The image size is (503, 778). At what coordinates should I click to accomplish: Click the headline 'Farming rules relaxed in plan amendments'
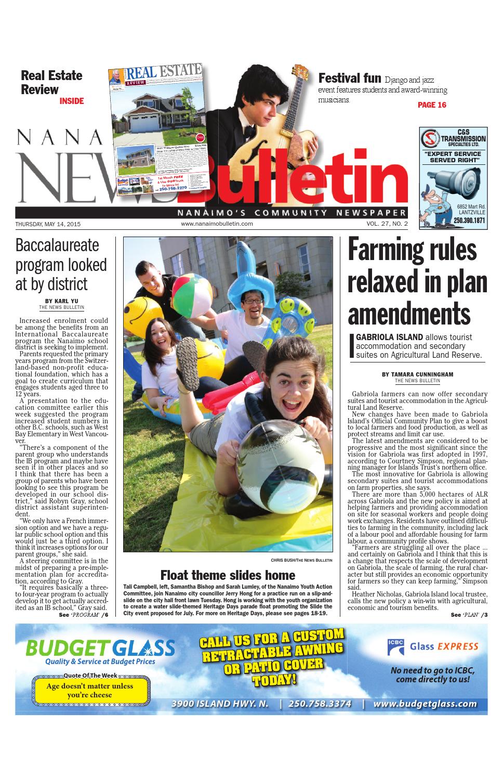pyautogui.click(x=417, y=281)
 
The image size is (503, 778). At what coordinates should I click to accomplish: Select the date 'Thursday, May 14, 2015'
pyautogui.click(x=48, y=224)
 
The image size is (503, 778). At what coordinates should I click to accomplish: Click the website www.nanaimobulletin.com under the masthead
pyautogui.click(x=217, y=224)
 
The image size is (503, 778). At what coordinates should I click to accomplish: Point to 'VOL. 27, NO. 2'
pyautogui.click(x=387, y=224)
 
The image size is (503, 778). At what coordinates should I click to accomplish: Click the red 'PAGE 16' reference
pyautogui.click(x=432, y=105)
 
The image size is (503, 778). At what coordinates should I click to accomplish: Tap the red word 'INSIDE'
pyautogui.click(x=71, y=101)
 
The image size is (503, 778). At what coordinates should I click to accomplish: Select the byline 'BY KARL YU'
pyautogui.click(x=61, y=301)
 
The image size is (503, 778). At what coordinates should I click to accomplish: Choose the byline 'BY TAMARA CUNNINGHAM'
pyautogui.click(x=417, y=374)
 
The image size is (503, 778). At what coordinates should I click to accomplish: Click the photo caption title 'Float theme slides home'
pyautogui.click(x=228, y=575)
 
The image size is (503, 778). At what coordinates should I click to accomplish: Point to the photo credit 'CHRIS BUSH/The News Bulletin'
pyautogui.click(x=301, y=560)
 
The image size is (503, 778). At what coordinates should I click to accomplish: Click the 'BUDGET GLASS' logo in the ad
pyautogui.click(x=100, y=648)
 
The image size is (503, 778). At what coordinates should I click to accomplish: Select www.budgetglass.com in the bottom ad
pyautogui.click(x=425, y=704)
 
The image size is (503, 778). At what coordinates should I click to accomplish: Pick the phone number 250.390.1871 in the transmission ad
pyautogui.click(x=469, y=221)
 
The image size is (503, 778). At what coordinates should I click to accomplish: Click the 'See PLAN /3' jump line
pyautogui.click(x=469, y=615)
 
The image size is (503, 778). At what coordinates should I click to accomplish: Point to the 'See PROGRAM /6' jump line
pyautogui.click(x=83, y=615)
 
